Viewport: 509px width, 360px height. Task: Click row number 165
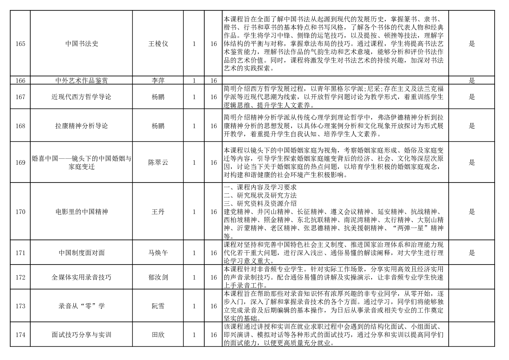20,44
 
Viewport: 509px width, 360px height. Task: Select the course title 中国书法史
82,44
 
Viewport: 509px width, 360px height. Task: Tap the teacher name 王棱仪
158,44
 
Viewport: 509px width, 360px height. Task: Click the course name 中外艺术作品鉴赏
82,81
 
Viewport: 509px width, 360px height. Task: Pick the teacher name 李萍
158,81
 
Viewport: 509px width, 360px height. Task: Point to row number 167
20,97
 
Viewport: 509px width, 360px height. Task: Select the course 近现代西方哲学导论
82,97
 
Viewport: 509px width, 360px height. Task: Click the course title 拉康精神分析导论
82,126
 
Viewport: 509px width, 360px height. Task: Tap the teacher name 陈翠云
158,163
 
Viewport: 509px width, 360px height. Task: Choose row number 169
20,163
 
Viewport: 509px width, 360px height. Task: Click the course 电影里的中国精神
82,212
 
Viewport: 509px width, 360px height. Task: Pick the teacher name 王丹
158,212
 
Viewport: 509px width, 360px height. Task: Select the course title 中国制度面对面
82,253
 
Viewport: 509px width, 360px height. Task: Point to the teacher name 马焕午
158,253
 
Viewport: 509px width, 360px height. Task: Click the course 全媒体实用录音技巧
82,277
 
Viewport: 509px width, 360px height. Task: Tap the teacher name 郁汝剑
158,277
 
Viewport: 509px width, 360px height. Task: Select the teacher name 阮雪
158,306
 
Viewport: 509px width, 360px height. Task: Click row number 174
20,335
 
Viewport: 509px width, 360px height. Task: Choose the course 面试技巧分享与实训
82,335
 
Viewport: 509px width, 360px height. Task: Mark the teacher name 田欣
158,335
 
